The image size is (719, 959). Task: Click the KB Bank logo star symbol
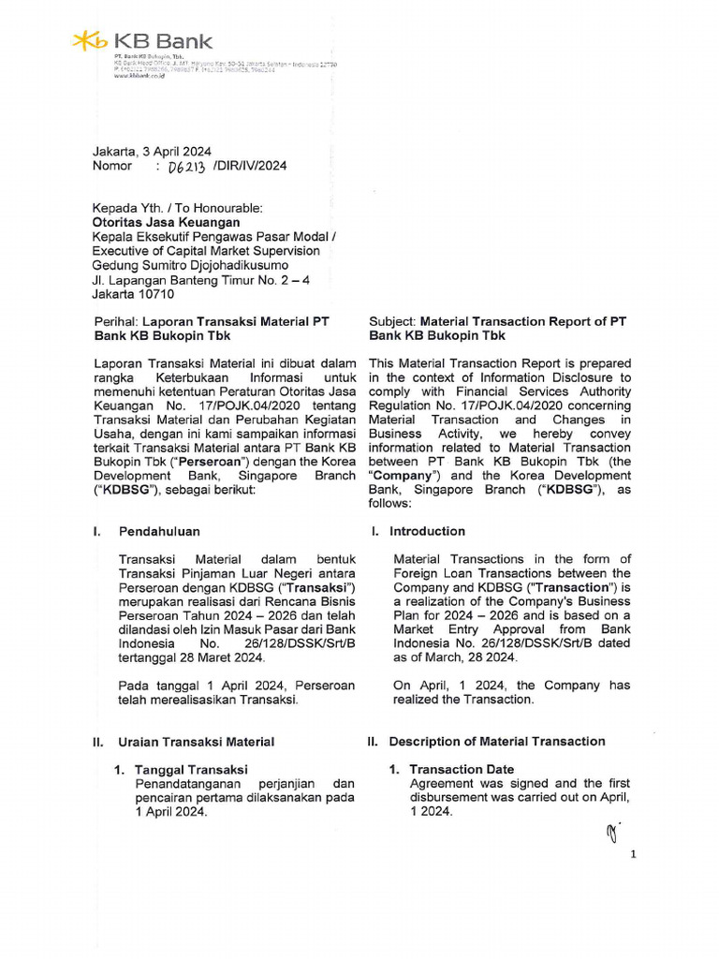point(90,41)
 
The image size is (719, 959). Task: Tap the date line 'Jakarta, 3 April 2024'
point(151,151)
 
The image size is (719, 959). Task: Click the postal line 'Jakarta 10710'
point(132,293)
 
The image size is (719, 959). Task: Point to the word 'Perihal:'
point(115,321)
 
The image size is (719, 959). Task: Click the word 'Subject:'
point(392,321)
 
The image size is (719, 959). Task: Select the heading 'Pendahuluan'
point(159,531)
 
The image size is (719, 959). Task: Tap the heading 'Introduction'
point(427,531)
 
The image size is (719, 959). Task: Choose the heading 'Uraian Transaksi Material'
point(196,742)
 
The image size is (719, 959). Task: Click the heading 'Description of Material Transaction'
point(497,742)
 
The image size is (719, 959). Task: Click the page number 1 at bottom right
point(634,854)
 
